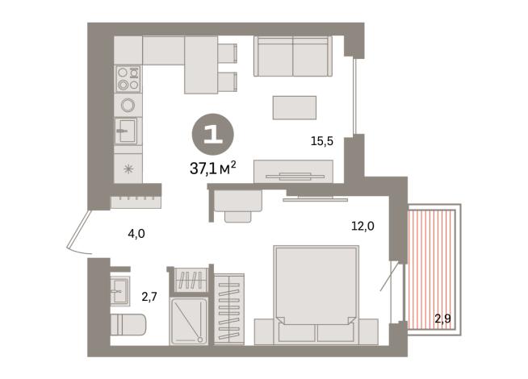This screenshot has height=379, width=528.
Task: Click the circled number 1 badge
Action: [x=212, y=135]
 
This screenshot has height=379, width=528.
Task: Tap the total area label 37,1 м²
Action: [x=212, y=168]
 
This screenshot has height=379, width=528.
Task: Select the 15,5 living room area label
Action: [x=322, y=141]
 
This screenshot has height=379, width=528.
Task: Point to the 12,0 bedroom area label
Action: [x=362, y=227]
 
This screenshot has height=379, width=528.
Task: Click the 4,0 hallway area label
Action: [x=136, y=234]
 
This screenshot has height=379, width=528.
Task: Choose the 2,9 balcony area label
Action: [x=442, y=319]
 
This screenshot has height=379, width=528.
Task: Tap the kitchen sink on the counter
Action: [x=128, y=130]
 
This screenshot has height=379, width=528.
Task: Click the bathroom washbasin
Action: [x=120, y=289]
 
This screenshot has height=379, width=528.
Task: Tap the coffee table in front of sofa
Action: [x=294, y=106]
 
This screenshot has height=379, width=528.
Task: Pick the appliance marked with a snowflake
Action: [x=128, y=169]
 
